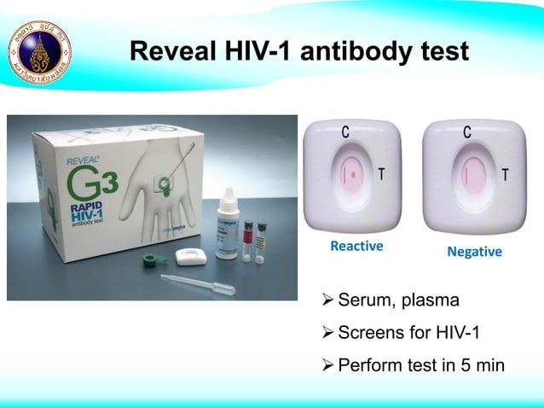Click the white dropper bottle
[227, 223]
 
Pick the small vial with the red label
[248, 239]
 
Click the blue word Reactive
[356, 247]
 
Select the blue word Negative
[475, 254]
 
